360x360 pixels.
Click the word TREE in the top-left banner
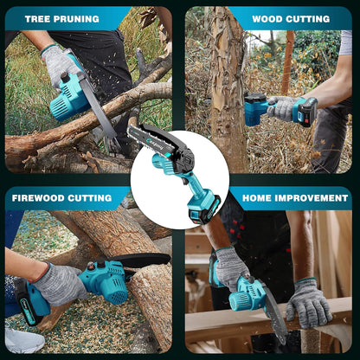pyautogui.click(x=38, y=17)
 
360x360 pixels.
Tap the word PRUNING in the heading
pyautogui.click(x=80, y=17)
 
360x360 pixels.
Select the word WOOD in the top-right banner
pyautogui.click(x=269, y=17)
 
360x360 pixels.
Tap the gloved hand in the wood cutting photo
pyautogui.click(x=282, y=107)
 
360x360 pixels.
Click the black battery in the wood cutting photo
pyautogui.click(x=305, y=110)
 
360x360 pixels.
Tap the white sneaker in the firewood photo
pyautogui.click(x=22, y=339)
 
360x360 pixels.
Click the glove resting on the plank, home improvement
pyautogui.click(x=308, y=303)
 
